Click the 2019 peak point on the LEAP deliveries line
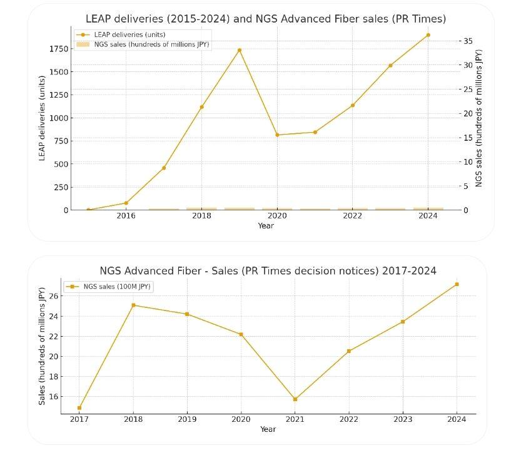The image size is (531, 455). (x=240, y=50)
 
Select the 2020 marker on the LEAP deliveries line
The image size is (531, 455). (x=277, y=135)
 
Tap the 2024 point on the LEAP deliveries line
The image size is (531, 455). (x=428, y=35)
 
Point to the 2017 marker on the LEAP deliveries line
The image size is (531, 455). (x=164, y=168)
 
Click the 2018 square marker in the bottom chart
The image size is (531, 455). (x=133, y=305)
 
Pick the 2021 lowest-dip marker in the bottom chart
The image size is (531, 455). (x=295, y=399)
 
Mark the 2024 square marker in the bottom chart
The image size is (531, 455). (x=457, y=284)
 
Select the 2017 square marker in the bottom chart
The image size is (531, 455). (x=79, y=408)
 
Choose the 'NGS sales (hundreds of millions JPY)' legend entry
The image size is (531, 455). (x=151, y=44)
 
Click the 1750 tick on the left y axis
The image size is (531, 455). (x=58, y=49)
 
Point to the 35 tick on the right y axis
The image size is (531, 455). (x=468, y=41)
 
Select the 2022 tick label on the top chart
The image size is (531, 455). (x=352, y=216)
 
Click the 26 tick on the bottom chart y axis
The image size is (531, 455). (x=53, y=296)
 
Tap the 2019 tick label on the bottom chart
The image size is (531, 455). (x=187, y=419)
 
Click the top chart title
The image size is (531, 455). (x=266, y=19)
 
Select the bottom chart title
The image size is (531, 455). (x=268, y=271)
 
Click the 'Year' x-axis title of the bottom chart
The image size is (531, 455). (x=268, y=429)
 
